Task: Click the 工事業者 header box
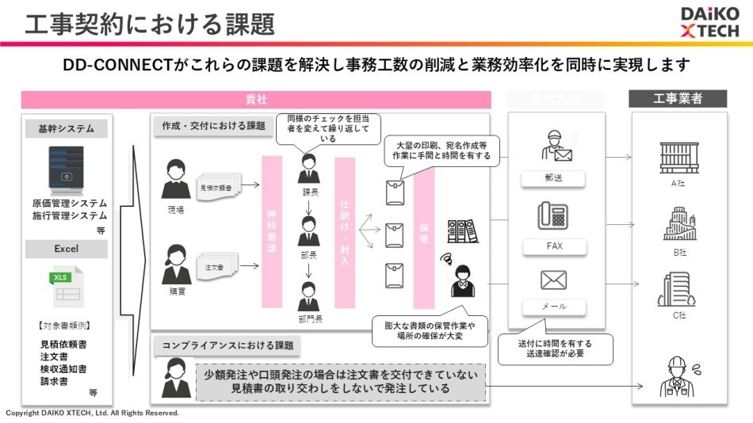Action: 678,99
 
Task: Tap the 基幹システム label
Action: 65,128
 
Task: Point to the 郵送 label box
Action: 554,179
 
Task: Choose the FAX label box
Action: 554,246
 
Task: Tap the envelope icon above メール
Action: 554,280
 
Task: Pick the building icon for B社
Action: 678,224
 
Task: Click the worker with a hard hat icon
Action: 678,376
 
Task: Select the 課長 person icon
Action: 308,169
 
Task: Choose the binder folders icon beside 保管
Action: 462,231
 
